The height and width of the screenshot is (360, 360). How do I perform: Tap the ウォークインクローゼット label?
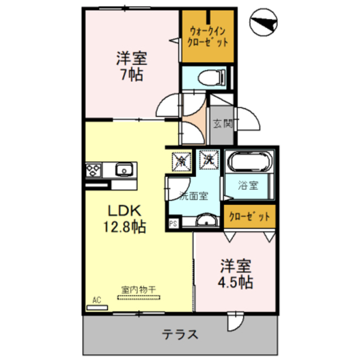209,35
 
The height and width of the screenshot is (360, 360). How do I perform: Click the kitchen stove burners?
93,169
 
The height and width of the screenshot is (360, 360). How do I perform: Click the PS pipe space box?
173,223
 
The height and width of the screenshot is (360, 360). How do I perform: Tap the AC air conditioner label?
97,300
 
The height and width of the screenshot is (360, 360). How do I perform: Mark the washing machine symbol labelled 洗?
209,160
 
